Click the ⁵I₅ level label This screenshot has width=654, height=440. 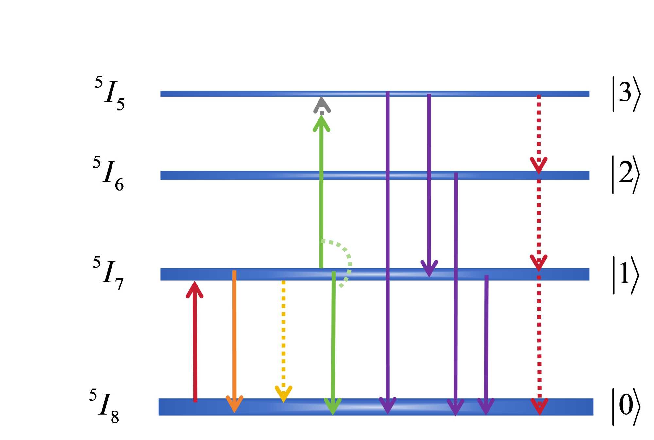(110, 94)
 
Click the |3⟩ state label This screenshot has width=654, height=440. (626, 94)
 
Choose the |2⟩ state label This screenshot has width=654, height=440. (626, 174)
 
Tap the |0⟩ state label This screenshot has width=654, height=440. (626, 407)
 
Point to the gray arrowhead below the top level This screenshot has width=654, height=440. (322, 105)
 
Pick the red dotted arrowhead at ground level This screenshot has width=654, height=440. (539, 406)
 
